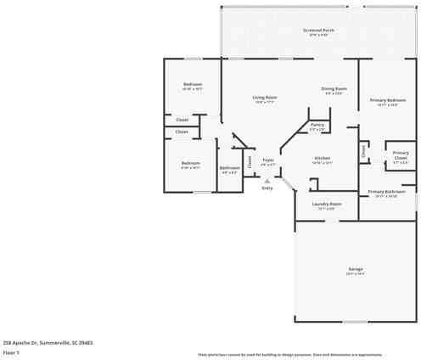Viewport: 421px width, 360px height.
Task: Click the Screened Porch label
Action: [x=318, y=31]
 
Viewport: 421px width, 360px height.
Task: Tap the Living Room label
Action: [x=265, y=98]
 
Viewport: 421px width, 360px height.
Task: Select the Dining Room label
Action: [x=334, y=88]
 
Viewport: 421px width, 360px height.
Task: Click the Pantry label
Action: [x=317, y=125]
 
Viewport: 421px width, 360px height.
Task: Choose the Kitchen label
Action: [x=323, y=158]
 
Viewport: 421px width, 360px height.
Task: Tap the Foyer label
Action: [x=267, y=159]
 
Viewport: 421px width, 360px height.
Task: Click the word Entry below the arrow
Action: [x=267, y=188]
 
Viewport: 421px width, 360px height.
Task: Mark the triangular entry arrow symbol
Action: [x=267, y=180]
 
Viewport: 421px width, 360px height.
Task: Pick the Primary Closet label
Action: [x=401, y=155]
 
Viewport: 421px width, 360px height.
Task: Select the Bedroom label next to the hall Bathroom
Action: [x=191, y=163]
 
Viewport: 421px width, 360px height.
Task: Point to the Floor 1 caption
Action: [x=11, y=351]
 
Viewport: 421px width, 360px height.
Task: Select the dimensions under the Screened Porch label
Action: [x=318, y=36]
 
